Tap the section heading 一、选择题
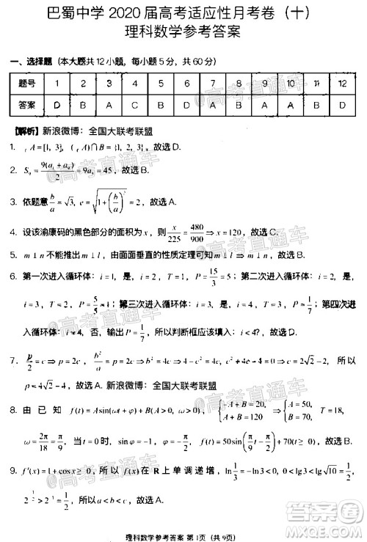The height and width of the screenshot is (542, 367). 27,61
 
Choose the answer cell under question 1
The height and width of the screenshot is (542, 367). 57,106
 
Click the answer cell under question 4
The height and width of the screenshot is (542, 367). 135,106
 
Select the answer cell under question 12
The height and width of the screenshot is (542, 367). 342,106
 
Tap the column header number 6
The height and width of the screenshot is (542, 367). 187,84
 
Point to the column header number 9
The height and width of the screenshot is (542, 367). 264,84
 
